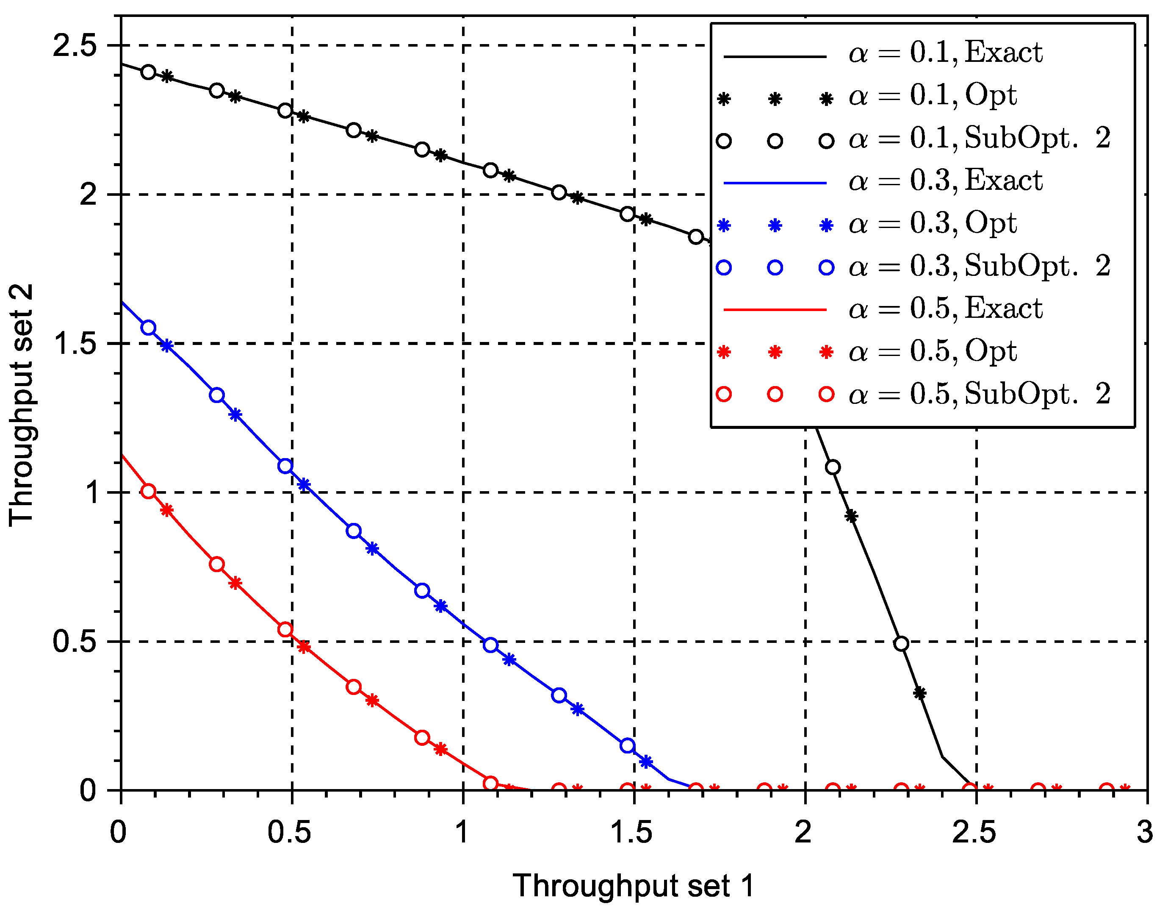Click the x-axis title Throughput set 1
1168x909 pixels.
coord(634,885)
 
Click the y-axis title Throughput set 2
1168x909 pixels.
coord(22,405)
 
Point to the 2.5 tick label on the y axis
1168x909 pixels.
coord(75,45)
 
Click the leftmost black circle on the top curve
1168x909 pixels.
coord(149,72)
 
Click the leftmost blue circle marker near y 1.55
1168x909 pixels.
coord(149,328)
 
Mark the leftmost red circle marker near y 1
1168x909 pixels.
coord(149,491)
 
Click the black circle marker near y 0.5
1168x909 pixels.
coord(901,644)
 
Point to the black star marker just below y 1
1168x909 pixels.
coord(851,516)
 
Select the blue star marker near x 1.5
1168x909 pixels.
coord(646,762)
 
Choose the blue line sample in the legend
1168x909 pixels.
coord(775,183)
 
